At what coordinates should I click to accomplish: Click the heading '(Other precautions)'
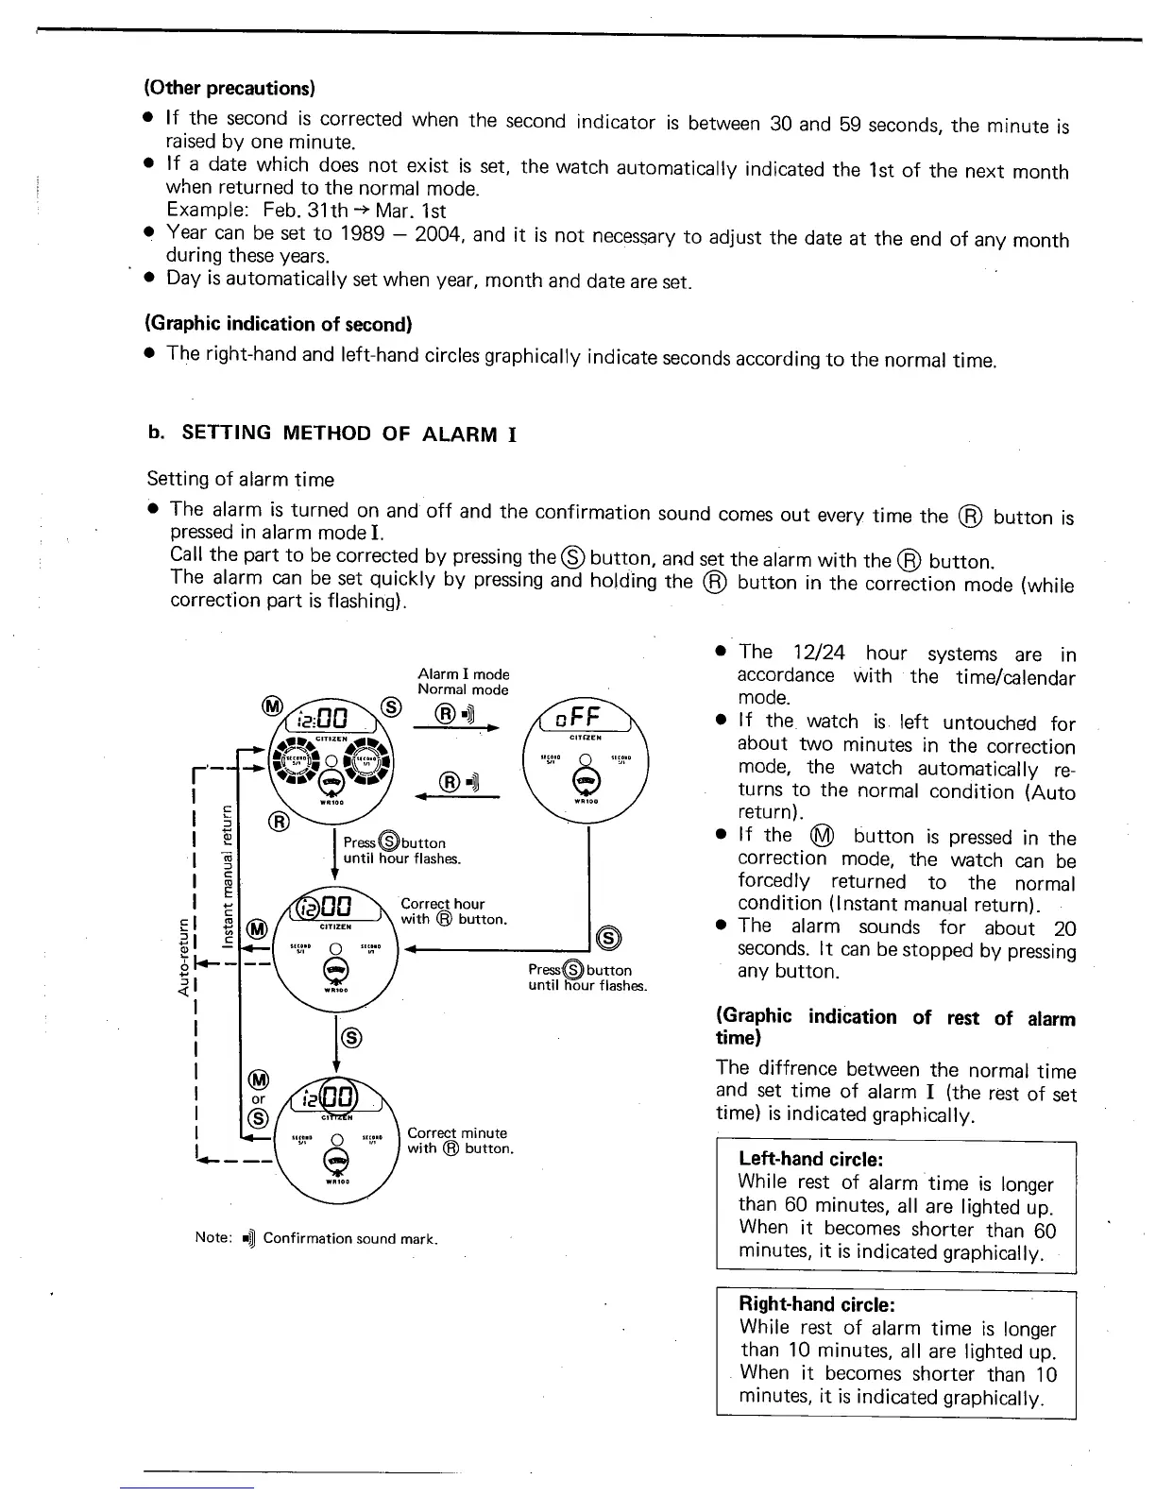coord(229,88)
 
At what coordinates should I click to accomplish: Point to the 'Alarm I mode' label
coord(463,673)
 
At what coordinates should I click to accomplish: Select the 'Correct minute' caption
coord(457,1132)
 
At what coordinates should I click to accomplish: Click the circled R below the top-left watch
coord(280,820)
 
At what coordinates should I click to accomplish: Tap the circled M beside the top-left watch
coord(272,706)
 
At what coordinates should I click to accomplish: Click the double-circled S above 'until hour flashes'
coord(609,937)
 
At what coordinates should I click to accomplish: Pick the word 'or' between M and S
coord(258,1098)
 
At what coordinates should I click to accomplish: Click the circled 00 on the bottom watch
coord(340,1098)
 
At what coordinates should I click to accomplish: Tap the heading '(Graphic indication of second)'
coord(279,324)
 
